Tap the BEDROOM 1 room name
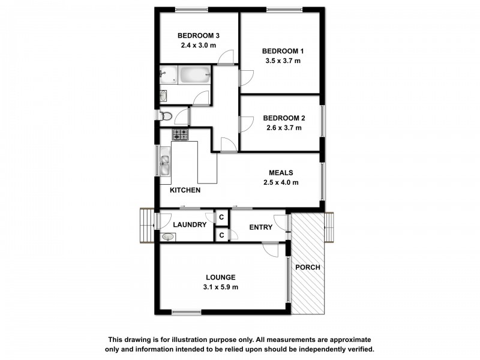point(281,52)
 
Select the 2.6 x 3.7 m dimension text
point(281,128)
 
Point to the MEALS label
point(281,173)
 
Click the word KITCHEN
point(185,190)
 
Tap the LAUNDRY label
point(190,225)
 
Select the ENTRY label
point(260,227)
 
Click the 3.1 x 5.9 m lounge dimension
point(221,287)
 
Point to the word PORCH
point(308,267)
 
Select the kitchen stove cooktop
point(181,134)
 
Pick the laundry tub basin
point(169,236)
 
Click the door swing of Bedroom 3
point(226,57)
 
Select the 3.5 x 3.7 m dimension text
point(281,61)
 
